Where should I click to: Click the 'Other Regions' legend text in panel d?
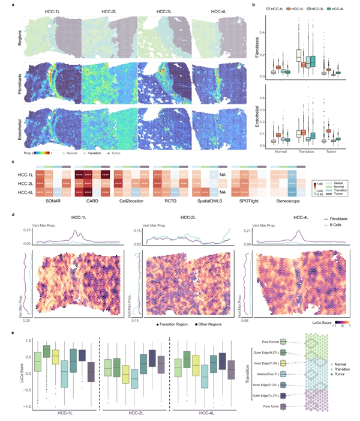pyautogui.click(x=227, y=322)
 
